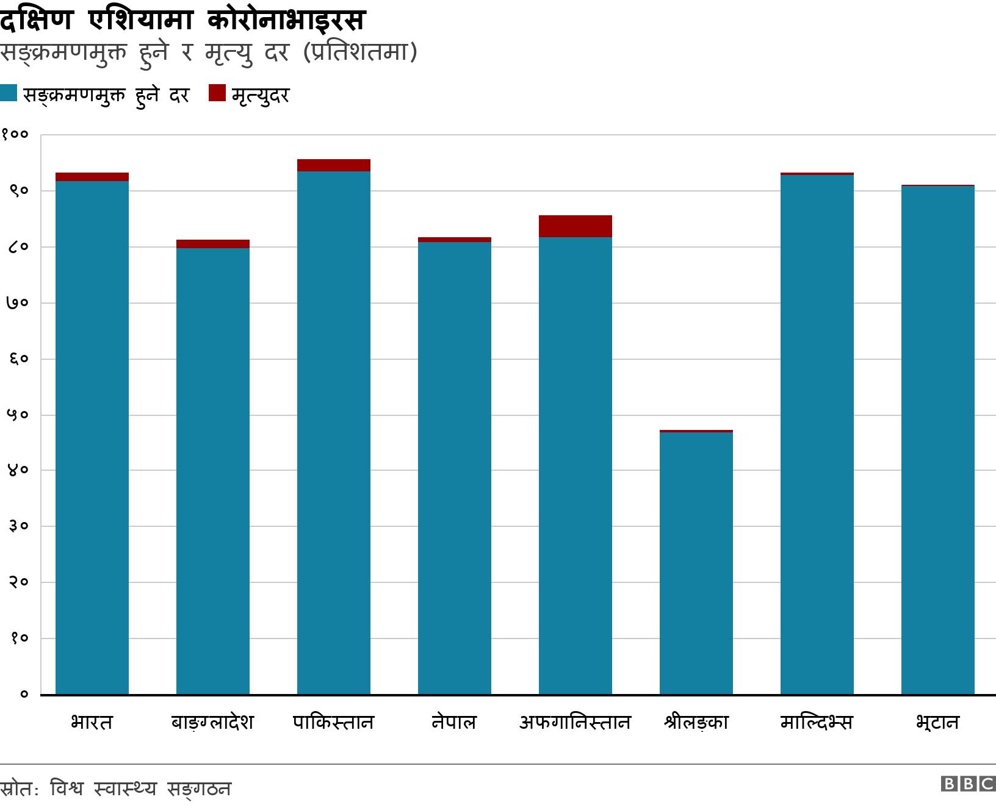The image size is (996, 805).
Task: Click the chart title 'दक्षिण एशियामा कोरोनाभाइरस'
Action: tap(182, 20)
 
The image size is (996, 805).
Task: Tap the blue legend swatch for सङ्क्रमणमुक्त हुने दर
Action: tap(9, 93)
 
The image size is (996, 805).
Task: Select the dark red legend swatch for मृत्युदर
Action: tap(217, 93)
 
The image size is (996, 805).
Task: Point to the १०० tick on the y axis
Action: tap(15, 134)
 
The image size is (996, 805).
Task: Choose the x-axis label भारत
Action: tap(92, 723)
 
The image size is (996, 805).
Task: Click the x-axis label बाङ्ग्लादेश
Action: tap(212, 723)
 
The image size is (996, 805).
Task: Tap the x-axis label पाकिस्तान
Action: tap(333, 723)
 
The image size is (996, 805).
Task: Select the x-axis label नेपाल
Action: tap(454, 723)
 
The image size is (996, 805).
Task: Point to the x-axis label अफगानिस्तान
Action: tap(575, 723)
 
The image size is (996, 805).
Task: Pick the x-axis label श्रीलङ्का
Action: tap(696, 723)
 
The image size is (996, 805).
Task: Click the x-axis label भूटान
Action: tap(937, 723)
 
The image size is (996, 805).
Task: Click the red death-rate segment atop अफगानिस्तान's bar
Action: tap(576, 226)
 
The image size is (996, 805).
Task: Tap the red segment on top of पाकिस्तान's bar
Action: tap(334, 165)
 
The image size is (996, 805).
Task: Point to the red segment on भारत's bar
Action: tap(92, 177)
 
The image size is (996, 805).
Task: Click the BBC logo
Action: tap(968, 784)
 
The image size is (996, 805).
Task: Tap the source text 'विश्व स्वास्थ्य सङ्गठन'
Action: tap(140, 789)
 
